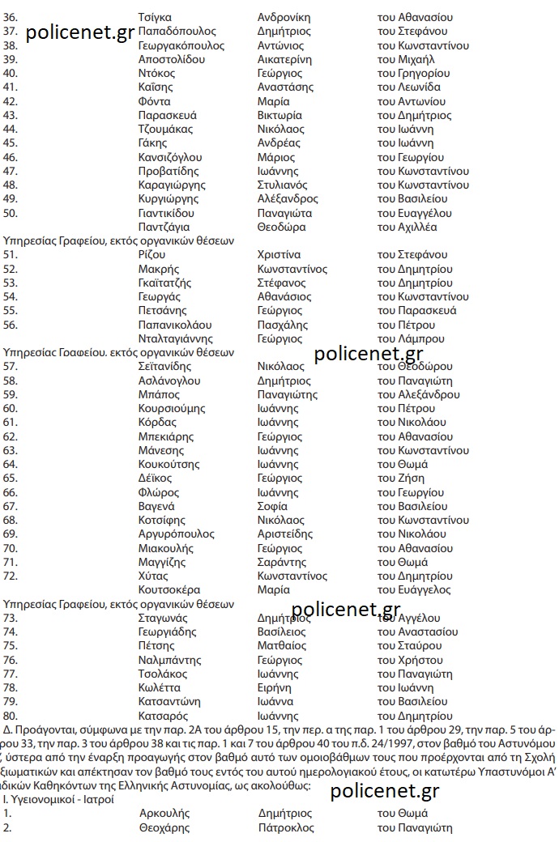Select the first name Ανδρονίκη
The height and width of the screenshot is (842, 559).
(x=284, y=17)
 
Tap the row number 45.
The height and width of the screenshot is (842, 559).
(x=11, y=143)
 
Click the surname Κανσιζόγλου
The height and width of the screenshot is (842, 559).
(x=170, y=157)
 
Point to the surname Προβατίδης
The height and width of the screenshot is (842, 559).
(x=169, y=171)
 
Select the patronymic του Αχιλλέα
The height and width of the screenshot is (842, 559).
(x=408, y=227)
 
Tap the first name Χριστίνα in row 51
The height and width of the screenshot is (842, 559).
(x=279, y=255)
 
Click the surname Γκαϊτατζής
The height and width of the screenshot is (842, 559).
(x=165, y=283)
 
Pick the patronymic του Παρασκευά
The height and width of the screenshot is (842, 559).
(x=416, y=311)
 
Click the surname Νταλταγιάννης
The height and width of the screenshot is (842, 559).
(x=176, y=338)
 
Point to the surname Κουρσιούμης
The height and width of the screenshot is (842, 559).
(x=172, y=408)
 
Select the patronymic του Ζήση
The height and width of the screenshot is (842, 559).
(x=401, y=478)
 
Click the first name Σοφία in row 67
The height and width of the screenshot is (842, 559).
(x=272, y=506)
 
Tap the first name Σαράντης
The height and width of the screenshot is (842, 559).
(x=280, y=562)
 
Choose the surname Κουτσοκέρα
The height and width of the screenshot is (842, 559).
(x=169, y=589)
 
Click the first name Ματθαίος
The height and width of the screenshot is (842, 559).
(x=282, y=645)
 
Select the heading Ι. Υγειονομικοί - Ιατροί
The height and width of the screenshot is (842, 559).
(x=59, y=799)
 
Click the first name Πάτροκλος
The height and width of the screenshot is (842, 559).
(x=286, y=827)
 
